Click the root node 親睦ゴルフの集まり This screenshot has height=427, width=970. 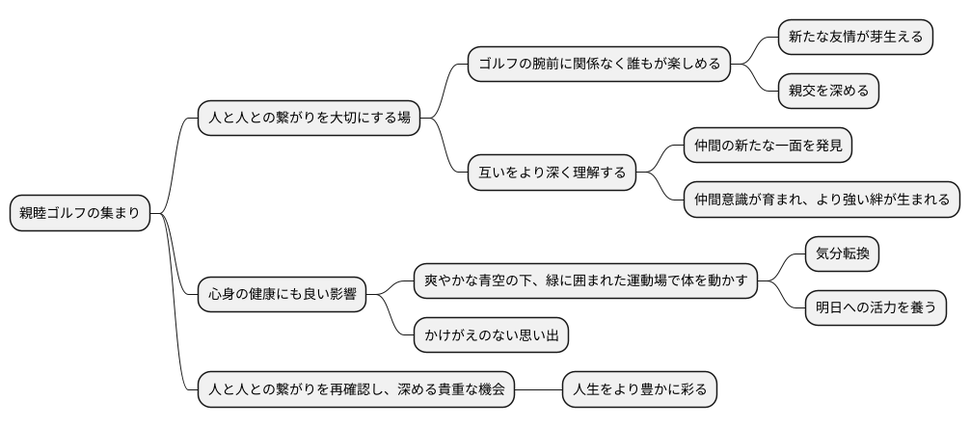[x=80, y=213]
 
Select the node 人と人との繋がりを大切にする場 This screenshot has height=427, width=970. [x=304, y=119]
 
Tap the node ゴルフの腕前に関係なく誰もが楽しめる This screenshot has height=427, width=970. [x=599, y=65]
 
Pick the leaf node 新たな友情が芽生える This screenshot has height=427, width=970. [x=855, y=38]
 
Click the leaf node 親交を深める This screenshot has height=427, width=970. [x=828, y=92]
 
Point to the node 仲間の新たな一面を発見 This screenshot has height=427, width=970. [x=768, y=146]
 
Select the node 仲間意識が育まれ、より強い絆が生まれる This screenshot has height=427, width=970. [x=822, y=200]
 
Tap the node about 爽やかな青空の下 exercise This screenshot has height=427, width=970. [x=585, y=280]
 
